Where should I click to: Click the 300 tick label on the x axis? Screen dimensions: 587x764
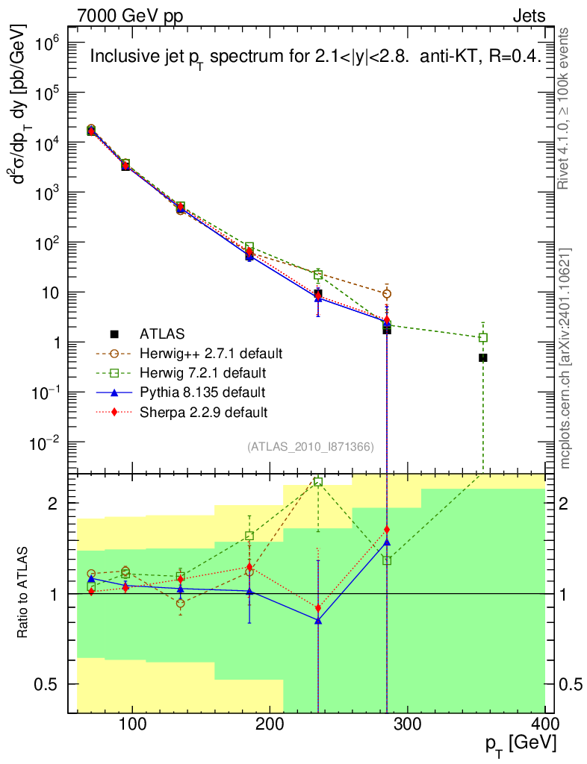[407, 724]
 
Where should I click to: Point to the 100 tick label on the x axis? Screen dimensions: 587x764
[132, 724]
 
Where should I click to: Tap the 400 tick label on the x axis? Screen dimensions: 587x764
[544, 724]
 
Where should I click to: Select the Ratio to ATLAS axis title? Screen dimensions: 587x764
[22, 592]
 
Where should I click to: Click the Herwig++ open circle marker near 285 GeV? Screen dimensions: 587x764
[387, 294]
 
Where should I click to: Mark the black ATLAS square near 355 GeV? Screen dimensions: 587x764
[482, 357]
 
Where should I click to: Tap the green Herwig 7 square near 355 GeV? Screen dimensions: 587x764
[482, 337]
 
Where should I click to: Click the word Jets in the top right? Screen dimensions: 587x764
[529, 16]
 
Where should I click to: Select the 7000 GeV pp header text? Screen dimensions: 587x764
[130, 16]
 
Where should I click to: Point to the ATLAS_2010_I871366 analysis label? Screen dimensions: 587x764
[311, 447]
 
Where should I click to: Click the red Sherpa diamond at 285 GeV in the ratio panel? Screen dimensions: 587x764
[387, 529]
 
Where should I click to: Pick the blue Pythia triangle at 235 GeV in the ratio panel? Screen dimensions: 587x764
[318, 621]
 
